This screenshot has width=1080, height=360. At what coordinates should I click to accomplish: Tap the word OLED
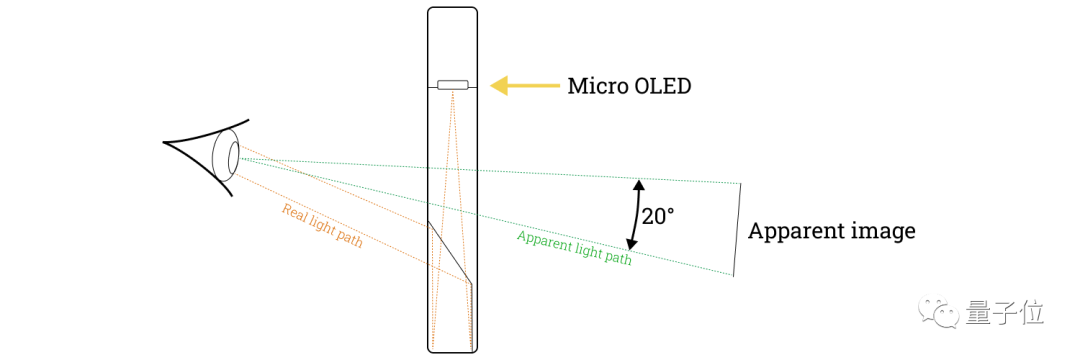[x=664, y=86]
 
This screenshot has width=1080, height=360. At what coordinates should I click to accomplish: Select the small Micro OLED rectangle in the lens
[x=453, y=84]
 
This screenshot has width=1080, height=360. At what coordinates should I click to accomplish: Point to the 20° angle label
[x=658, y=215]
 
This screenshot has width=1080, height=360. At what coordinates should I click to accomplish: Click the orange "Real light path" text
[x=321, y=226]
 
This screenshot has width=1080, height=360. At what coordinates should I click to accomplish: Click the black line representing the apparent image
[x=738, y=229]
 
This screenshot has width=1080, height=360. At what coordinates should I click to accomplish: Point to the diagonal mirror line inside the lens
[x=449, y=252]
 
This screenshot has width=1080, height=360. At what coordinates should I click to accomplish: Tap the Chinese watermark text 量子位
[x=1005, y=314]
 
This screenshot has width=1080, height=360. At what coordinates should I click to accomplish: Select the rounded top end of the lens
[x=452, y=10]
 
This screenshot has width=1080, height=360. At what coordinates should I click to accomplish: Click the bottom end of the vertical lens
[x=452, y=350]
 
